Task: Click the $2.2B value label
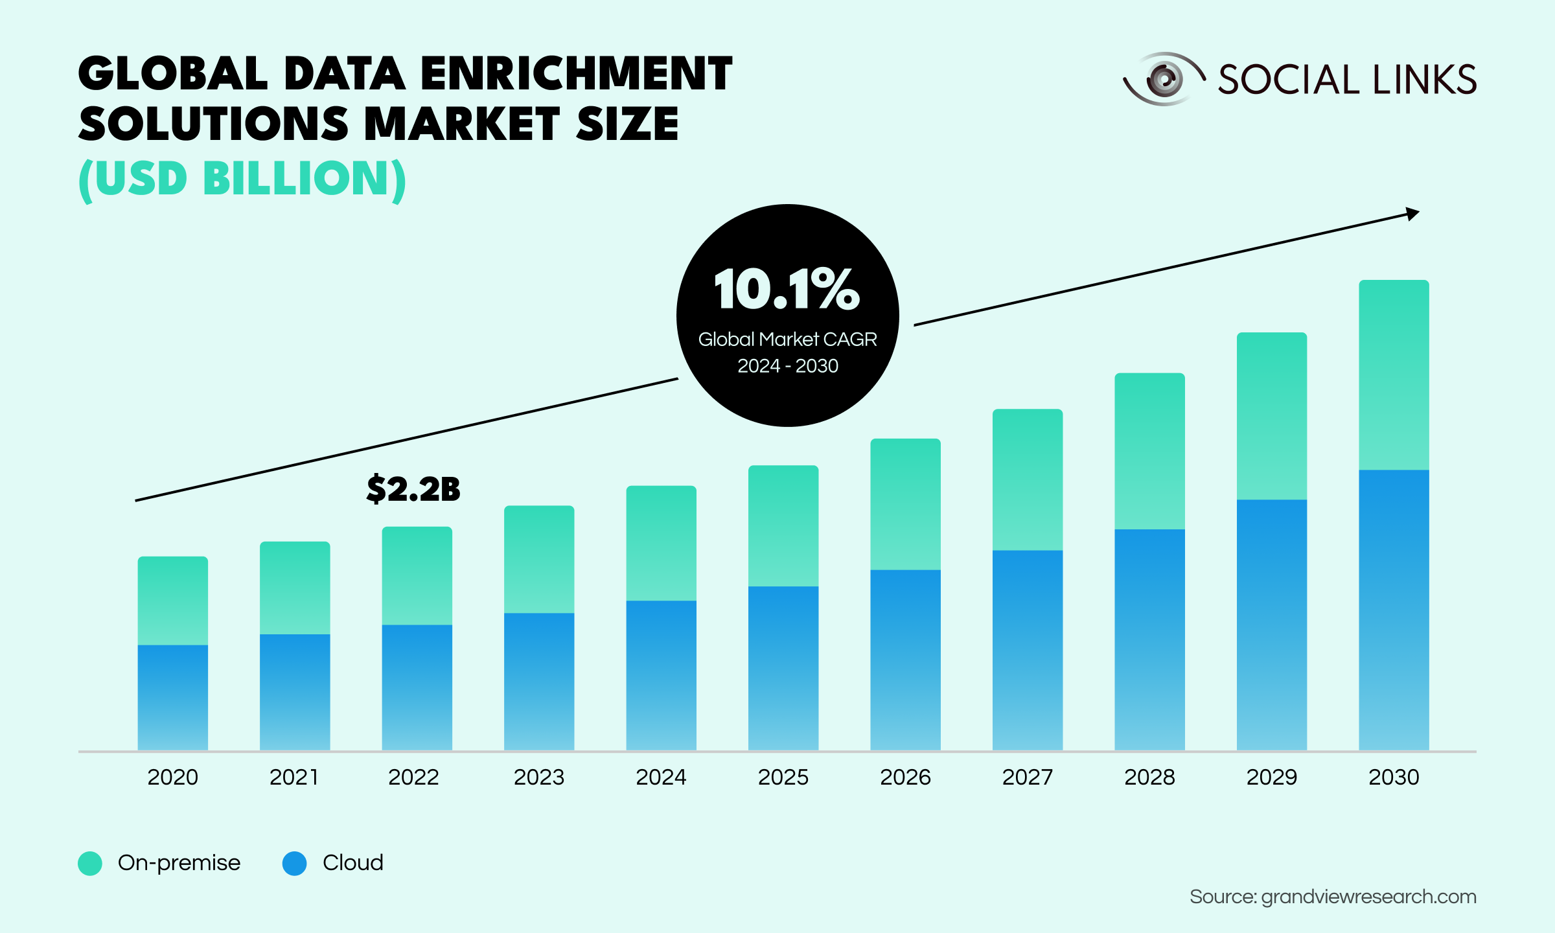pos(413,489)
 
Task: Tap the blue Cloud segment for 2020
pos(172,697)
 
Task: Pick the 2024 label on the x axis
pos(661,777)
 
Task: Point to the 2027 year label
pos(1028,777)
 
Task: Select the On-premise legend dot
pos(90,863)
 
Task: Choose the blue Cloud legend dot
pos(294,863)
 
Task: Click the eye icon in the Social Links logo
pos(1164,79)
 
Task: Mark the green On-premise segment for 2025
pos(783,525)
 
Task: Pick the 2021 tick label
pos(294,777)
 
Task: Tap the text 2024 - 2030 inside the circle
pos(788,366)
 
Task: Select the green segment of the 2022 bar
pos(417,575)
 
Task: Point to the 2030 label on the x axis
pos(1394,777)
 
